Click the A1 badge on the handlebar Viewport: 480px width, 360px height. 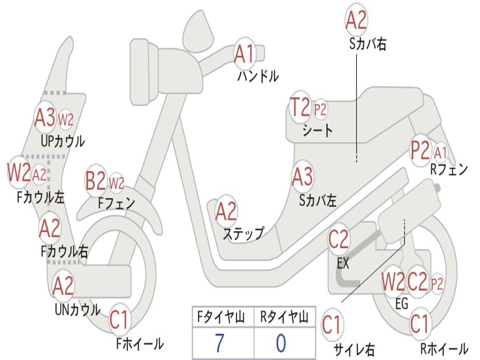pos(244,53)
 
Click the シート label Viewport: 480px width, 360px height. pos(317,130)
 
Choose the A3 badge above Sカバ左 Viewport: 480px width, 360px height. pos(302,177)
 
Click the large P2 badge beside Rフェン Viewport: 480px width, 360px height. pos(420,150)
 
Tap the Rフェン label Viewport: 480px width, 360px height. pos(449,170)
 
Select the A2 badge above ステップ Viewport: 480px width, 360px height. pos(226,212)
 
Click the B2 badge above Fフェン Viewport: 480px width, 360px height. pos(96,180)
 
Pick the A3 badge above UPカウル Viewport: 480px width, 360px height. pos(45,118)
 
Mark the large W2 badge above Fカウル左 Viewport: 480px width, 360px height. pos(19,173)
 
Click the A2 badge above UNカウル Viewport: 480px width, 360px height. pos(63,285)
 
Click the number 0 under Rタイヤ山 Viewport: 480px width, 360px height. pos(281,344)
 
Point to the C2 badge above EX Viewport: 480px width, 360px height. pos(338,240)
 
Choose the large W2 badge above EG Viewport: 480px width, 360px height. pos(392,282)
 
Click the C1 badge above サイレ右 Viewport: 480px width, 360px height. pos(332,325)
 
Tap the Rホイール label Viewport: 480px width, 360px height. pos(443,349)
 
